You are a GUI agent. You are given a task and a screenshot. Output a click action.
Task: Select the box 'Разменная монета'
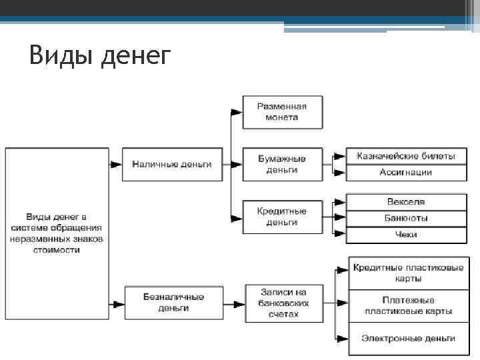[x=282, y=111]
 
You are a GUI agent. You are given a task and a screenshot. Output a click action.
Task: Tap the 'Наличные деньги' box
[x=172, y=164]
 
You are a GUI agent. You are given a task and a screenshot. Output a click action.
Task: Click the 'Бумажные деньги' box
[x=282, y=164]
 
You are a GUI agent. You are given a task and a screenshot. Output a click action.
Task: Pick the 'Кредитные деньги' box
[x=282, y=217]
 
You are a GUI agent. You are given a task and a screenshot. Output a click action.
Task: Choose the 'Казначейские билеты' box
[x=406, y=157]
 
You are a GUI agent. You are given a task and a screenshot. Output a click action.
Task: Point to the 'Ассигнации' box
[x=406, y=172]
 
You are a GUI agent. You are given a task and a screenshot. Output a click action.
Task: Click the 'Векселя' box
[x=406, y=202]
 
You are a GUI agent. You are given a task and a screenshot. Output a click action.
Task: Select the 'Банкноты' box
[x=406, y=218]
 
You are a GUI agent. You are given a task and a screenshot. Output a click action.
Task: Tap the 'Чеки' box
[x=406, y=235]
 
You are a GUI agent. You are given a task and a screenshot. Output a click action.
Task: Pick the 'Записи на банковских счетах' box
[x=283, y=302]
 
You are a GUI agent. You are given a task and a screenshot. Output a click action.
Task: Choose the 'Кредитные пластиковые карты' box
[x=408, y=273]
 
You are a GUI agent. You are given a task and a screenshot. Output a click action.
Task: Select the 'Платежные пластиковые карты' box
[x=408, y=305]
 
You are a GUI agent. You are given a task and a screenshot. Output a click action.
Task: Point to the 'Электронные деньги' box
[x=408, y=338]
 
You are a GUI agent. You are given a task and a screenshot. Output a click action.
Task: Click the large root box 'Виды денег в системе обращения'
[x=57, y=233]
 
